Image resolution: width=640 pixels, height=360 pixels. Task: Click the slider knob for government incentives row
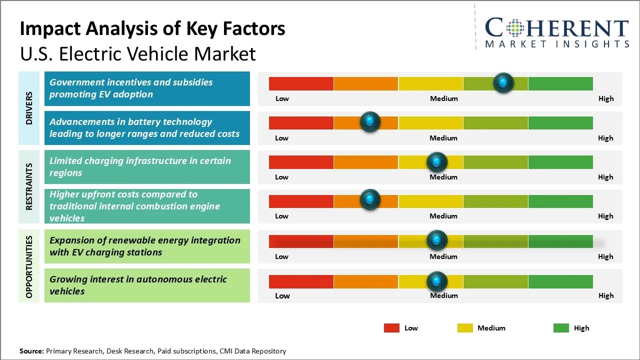pos(503,82)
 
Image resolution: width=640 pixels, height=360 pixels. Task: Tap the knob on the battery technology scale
pos(370,121)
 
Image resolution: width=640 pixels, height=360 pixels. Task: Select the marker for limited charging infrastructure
pos(436,162)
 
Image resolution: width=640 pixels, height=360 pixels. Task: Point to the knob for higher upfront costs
pos(370,199)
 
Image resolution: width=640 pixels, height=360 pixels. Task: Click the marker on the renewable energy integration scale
pos(436,240)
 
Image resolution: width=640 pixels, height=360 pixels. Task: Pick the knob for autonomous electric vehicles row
pos(436,281)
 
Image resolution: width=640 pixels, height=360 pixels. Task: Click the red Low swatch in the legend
pos(391,328)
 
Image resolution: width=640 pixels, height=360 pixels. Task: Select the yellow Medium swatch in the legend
pos(465,328)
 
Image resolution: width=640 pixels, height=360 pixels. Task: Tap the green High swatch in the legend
pos(561,328)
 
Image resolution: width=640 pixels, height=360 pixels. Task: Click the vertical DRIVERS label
pos(29,107)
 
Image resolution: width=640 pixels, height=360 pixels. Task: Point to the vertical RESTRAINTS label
pos(29,186)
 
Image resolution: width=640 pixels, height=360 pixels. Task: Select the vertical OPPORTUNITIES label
pos(29,266)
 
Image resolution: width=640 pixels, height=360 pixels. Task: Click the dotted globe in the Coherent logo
pos(515,28)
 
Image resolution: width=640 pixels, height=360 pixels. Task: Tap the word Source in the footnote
pos(31,351)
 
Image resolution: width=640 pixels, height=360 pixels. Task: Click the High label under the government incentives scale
pos(606,98)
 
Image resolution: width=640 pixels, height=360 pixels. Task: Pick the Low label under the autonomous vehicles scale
pos(282,295)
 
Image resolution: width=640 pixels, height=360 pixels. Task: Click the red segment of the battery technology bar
pos(301,122)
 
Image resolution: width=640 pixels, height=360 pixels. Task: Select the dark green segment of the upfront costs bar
pos(560,201)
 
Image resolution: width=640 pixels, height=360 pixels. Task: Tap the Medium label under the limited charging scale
pos(443,177)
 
